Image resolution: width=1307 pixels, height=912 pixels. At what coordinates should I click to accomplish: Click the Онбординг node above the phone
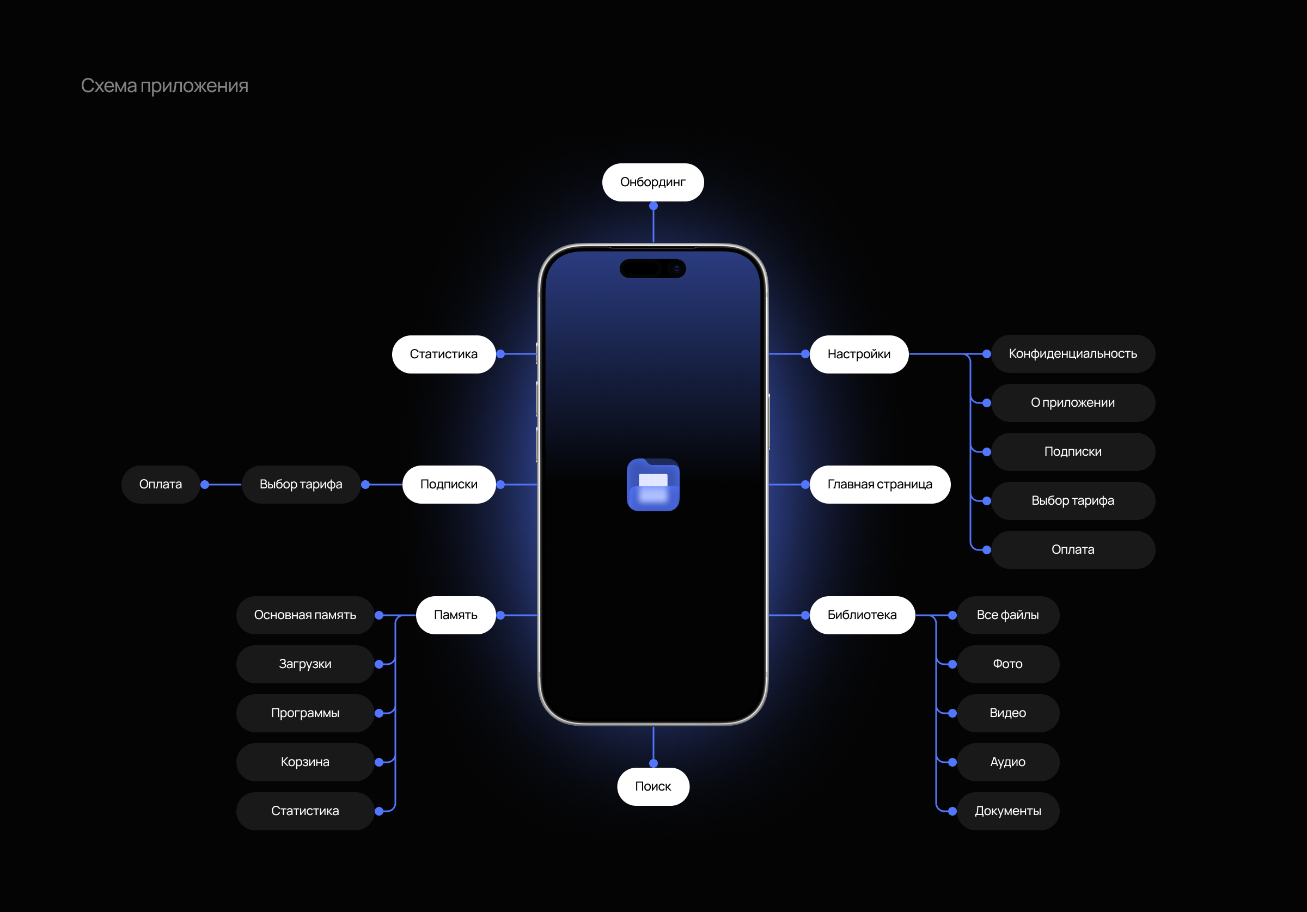653,182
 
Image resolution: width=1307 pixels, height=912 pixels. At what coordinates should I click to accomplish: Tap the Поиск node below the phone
653,786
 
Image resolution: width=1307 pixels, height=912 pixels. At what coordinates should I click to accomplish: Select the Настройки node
858,354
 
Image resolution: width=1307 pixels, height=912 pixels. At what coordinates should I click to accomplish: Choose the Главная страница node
880,485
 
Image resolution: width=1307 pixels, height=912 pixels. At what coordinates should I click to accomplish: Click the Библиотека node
862,615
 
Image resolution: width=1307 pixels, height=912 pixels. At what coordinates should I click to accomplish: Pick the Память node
455,615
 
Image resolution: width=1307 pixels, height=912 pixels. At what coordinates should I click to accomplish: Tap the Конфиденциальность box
1072,353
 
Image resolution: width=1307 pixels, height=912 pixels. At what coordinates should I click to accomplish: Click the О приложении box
1072,402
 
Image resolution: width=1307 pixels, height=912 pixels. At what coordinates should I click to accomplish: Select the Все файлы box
1007,615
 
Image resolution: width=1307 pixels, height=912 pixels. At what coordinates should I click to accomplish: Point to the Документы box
1007,811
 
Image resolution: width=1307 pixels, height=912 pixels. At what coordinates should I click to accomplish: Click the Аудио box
1007,762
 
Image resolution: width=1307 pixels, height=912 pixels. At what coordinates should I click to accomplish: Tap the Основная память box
305,615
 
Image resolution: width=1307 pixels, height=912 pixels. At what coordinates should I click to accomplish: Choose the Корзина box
305,762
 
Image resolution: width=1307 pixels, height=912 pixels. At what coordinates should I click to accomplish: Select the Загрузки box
305,664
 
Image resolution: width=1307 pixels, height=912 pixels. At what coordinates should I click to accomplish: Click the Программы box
305,713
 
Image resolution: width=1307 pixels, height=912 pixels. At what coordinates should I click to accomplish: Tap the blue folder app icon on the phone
653,485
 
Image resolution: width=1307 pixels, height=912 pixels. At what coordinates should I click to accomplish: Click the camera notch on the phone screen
652,268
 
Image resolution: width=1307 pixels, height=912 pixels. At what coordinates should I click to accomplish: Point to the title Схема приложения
164,85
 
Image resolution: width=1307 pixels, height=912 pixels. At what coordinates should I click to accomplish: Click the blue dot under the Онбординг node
653,206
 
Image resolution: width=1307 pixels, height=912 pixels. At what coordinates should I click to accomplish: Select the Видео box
1007,713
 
